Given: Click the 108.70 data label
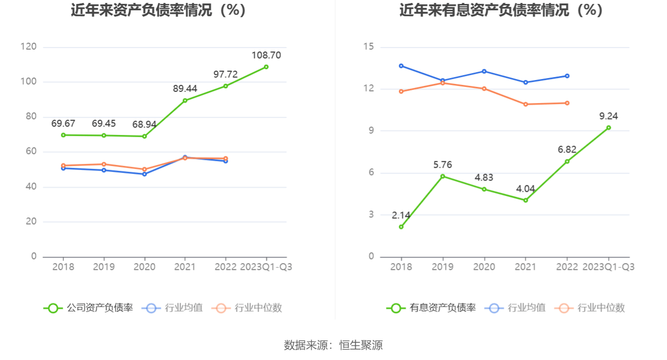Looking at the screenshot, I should [x=266, y=55].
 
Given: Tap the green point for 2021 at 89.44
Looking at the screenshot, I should [x=185, y=101].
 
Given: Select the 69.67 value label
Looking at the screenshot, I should [x=63, y=124].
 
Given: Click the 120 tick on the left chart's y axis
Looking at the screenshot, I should [x=29, y=47].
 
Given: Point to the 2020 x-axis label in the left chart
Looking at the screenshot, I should [x=144, y=267].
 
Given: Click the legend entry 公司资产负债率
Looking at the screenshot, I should [x=88, y=308].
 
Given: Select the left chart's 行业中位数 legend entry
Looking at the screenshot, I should [x=247, y=308].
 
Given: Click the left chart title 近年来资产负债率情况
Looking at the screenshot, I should [x=158, y=10].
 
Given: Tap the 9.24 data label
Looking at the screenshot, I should [x=609, y=116].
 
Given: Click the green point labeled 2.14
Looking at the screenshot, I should [x=401, y=227].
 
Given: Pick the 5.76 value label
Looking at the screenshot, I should [x=442, y=165].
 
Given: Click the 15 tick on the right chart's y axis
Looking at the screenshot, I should [x=368, y=47].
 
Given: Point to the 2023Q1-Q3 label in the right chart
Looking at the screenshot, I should [x=609, y=267].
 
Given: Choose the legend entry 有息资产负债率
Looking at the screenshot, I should [x=431, y=308].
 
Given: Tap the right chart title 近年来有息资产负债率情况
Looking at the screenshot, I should [x=501, y=10].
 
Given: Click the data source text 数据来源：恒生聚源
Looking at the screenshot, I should [x=333, y=345].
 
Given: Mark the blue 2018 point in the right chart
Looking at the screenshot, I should [x=401, y=66].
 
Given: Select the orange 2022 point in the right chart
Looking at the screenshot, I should [x=567, y=103].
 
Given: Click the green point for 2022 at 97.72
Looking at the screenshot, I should [x=226, y=86].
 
